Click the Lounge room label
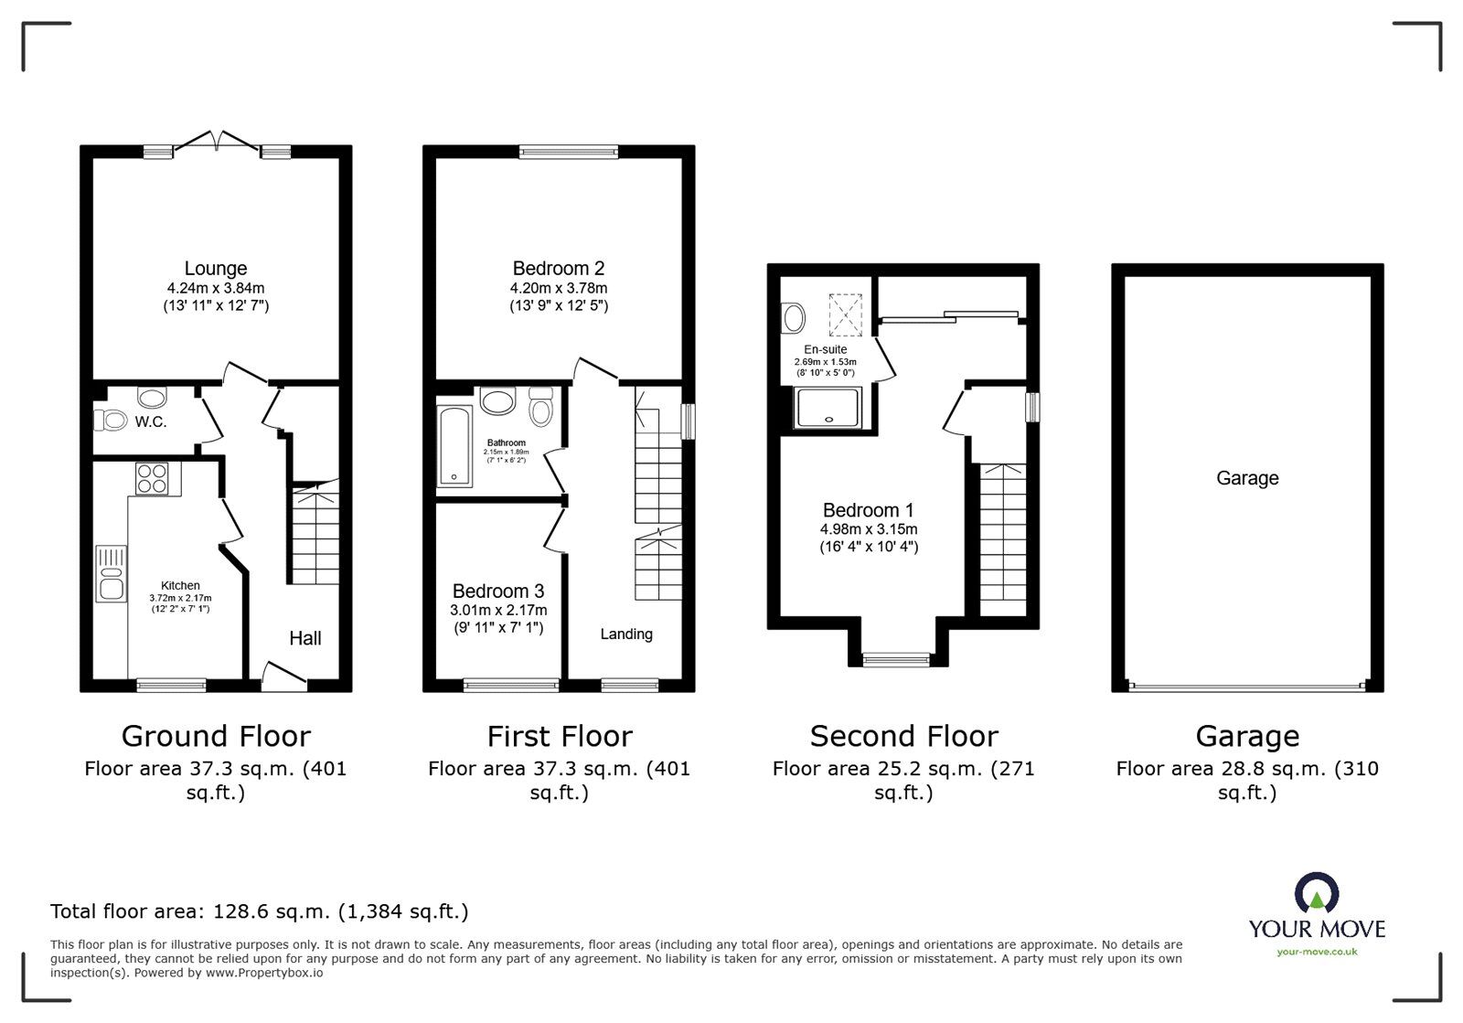tap(216, 268)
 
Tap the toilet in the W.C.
tap(111, 420)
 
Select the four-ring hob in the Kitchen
tap(152, 478)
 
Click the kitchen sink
tap(111, 574)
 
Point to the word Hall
tap(305, 638)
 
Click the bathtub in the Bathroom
tap(454, 446)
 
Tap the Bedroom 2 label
tap(559, 268)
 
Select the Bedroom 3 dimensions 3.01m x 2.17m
tap(498, 611)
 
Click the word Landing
tap(626, 634)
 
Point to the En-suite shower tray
tap(828, 408)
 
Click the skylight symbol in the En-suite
tap(845, 315)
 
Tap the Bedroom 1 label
tap(869, 510)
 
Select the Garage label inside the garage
tap(1247, 478)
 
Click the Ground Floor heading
tap(216, 737)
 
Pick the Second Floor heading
tap(904, 737)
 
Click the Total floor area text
tap(260, 911)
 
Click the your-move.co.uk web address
tap(1318, 952)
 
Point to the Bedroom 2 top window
tap(569, 152)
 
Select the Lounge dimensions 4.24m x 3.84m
tap(216, 288)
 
